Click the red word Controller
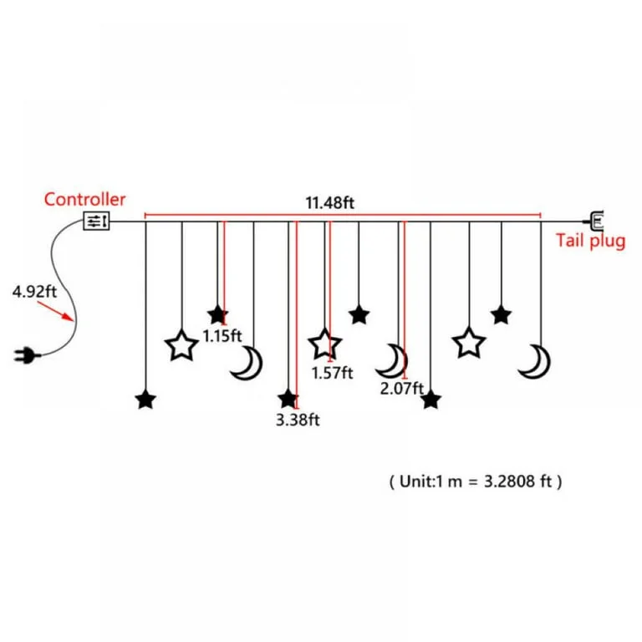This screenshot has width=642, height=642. [x=84, y=200]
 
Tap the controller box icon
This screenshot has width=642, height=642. [x=96, y=221]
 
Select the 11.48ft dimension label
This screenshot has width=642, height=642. [x=329, y=202]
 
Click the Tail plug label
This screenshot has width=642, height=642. [x=590, y=241]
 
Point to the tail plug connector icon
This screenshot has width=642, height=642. [x=594, y=221]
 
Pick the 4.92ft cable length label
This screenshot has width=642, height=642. [x=34, y=292]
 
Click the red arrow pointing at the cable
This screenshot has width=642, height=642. [x=55, y=311]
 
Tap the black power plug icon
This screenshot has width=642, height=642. [x=27, y=355]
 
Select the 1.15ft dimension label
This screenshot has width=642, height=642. [x=222, y=336]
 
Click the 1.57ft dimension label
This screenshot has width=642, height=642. [x=332, y=373]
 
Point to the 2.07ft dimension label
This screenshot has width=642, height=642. [x=401, y=388]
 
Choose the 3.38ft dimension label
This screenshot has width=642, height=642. [x=298, y=420]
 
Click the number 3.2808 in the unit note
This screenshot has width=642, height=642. [x=509, y=481]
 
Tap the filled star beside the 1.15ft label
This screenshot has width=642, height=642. [x=217, y=315]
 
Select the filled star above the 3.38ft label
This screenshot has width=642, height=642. [x=288, y=400]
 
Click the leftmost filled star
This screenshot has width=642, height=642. [x=145, y=400]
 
